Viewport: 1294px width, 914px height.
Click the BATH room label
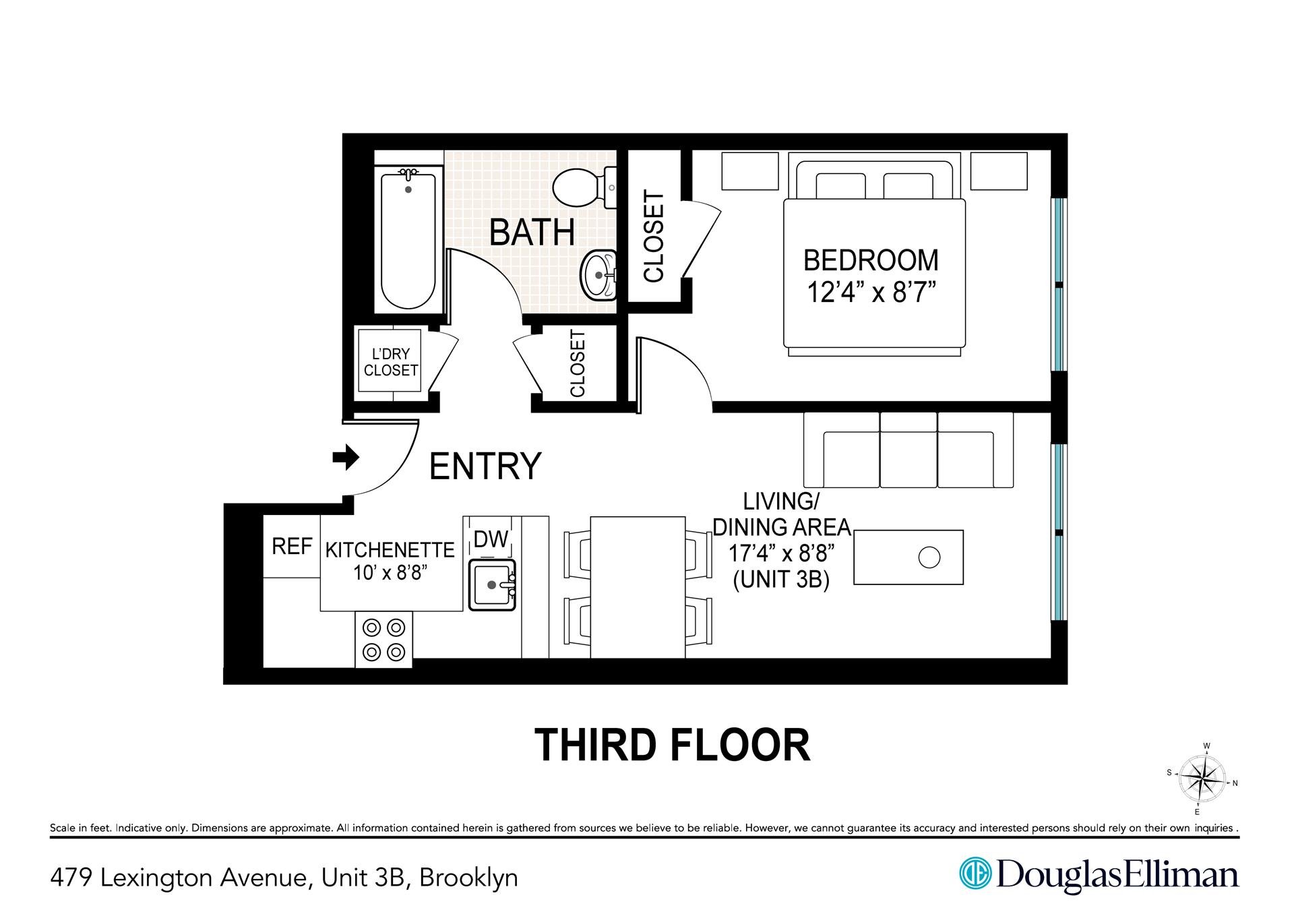[x=532, y=233]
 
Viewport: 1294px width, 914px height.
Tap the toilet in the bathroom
[x=580, y=186]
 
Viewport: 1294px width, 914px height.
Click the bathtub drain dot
[x=408, y=190]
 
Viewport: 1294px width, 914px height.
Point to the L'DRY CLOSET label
[x=390, y=362]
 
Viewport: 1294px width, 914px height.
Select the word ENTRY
[x=485, y=466]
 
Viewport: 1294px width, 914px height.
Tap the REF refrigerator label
[x=292, y=546]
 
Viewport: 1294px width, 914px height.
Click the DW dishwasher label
[x=491, y=539]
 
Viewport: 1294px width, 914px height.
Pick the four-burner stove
[x=383, y=640]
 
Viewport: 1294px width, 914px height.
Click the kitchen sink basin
[x=491, y=584]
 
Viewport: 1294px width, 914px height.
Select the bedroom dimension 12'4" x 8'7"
[x=872, y=294]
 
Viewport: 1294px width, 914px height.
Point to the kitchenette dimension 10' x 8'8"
[x=391, y=573]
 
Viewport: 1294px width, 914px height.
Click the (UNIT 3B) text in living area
[x=781, y=580]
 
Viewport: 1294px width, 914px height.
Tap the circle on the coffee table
[x=929, y=557]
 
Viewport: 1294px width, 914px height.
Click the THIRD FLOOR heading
[x=672, y=745]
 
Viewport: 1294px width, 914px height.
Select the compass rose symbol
[x=1202, y=780]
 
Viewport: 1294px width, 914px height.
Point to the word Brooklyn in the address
[x=468, y=878]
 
